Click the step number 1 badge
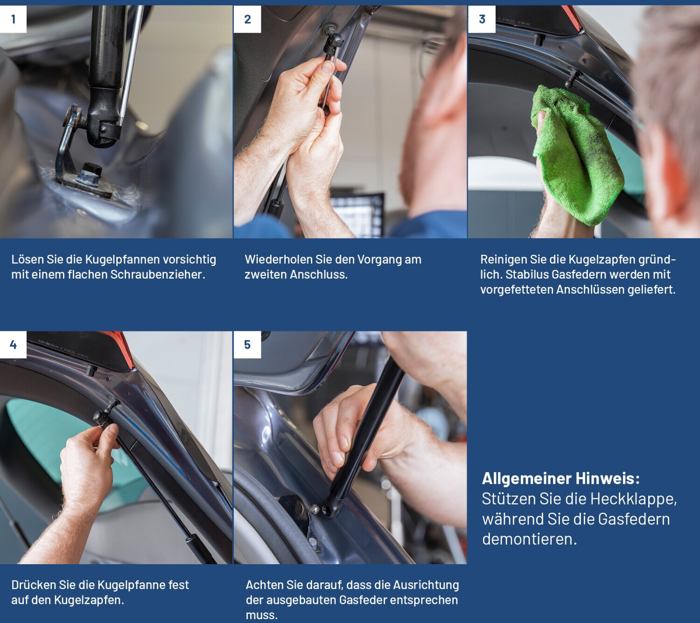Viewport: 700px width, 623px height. point(13,19)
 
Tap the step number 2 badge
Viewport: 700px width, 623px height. point(247,19)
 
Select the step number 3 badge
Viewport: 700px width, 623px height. point(482,19)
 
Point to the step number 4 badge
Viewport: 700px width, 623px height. point(13,345)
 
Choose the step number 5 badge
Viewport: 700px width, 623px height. point(247,345)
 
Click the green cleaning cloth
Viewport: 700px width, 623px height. point(576,155)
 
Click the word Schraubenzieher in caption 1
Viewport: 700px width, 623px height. point(157,275)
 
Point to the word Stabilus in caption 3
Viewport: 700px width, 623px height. point(527,274)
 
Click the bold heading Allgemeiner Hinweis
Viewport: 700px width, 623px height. point(561,478)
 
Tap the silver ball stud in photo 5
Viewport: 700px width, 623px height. point(315,508)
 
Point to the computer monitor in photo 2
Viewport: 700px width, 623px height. point(357,214)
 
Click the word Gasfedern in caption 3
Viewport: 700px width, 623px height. point(576,274)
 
